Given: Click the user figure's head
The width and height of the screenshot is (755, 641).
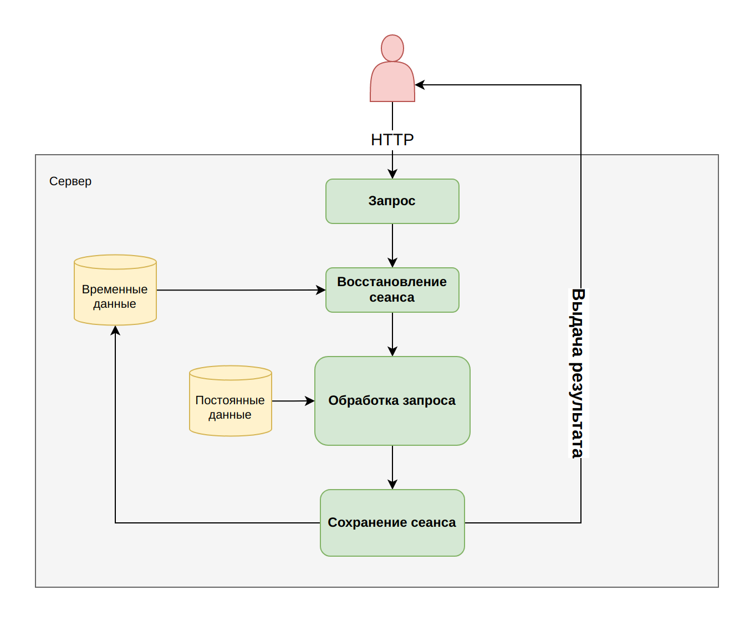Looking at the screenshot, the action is [392, 48].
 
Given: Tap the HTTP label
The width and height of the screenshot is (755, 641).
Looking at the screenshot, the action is [392, 140].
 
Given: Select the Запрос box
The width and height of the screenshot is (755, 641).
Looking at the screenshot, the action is [392, 201].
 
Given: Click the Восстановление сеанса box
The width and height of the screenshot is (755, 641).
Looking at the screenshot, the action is [392, 290].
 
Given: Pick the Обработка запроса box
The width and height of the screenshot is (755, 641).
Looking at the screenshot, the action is [392, 401].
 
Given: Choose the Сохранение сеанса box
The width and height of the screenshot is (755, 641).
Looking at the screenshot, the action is [392, 523].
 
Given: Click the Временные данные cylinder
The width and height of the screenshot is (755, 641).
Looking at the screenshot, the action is [115, 290].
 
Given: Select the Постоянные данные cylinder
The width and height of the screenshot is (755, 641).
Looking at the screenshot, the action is [231, 401].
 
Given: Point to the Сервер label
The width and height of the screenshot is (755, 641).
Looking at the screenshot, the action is [70, 181].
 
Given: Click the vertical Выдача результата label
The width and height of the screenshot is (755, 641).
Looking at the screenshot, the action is [578, 373].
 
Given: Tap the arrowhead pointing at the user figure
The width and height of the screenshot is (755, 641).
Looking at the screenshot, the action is [420, 85].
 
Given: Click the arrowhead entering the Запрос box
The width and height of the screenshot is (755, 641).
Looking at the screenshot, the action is [392, 174].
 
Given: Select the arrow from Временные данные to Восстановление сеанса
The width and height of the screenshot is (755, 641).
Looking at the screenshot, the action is [241, 290].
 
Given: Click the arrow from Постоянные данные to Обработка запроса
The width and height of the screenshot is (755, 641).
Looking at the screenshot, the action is [293, 401].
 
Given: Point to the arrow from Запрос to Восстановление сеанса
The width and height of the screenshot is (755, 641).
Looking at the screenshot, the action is [392, 246].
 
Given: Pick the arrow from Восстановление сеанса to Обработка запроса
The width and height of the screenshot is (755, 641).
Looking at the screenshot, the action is [392, 334].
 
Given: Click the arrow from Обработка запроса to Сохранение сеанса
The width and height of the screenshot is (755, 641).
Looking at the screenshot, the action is [392, 467].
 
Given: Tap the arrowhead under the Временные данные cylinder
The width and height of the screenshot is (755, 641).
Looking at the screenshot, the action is [115, 330].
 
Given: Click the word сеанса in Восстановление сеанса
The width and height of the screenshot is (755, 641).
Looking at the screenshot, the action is [392, 297].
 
